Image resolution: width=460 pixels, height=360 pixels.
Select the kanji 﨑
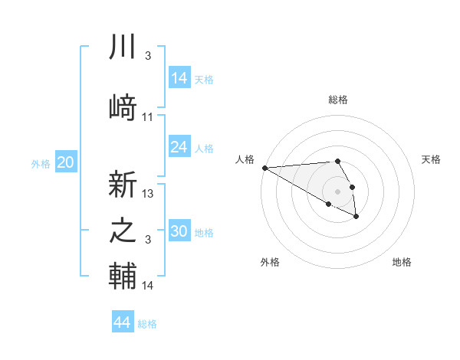(x=123, y=108)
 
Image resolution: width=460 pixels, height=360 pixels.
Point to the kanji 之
(x=123, y=231)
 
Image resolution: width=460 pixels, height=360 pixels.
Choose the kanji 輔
(x=123, y=277)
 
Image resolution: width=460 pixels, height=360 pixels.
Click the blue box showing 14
(x=179, y=78)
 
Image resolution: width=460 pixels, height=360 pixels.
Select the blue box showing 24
(x=179, y=147)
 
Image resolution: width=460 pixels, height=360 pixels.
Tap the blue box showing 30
(x=179, y=231)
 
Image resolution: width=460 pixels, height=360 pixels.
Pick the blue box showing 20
(x=66, y=162)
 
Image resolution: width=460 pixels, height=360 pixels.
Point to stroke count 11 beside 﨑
(x=148, y=117)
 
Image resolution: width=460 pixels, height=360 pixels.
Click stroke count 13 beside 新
(x=148, y=194)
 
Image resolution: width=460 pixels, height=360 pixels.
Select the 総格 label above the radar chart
(x=338, y=100)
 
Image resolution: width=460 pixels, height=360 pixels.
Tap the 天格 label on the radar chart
(x=431, y=159)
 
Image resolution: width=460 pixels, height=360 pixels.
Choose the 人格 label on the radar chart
(x=245, y=159)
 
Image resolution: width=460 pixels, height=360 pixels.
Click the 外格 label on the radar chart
(x=270, y=262)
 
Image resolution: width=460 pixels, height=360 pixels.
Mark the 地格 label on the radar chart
(x=402, y=262)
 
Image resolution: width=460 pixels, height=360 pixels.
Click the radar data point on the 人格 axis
(x=264, y=168)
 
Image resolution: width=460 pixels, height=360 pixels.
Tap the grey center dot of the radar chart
(x=337, y=191)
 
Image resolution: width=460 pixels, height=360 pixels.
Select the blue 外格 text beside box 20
(x=41, y=163)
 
